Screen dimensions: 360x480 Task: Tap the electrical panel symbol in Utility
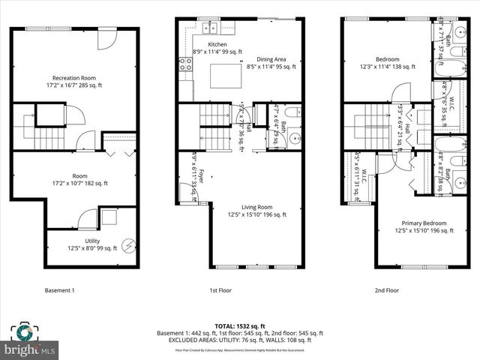pos(128,244)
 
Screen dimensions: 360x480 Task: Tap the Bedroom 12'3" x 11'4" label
pos(386,63)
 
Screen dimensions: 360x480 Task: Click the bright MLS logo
pos(30,341)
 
